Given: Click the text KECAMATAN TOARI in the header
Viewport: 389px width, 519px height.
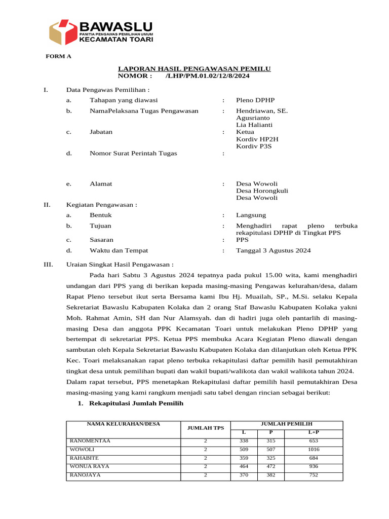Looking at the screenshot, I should pyautogui.click(x=116, y=39).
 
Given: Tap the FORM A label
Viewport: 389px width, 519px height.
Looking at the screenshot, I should pyautogui.click(x=59, y=56).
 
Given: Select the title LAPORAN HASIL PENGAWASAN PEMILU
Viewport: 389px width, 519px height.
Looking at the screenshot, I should pyautogui.click(x=194, y=68).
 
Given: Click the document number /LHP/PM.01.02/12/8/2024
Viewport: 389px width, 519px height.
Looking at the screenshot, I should pyautogui.click(x=208, y=76).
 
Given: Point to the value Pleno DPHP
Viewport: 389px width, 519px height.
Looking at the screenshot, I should pyautogui.click(x=255, y=100).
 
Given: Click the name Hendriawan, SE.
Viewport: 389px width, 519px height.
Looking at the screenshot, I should pyautogui.click(x=262, y=110).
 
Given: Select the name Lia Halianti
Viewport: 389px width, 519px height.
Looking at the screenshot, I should pyautogui.click(x=254, y=125).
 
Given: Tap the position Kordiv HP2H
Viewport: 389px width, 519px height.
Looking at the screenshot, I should pyautogui.click(x=257, y=139).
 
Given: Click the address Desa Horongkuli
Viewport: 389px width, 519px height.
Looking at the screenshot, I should pyautogui.click(x=262, y=191).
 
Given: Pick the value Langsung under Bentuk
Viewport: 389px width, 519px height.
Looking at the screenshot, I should pyautogui.click(x=251, y=215).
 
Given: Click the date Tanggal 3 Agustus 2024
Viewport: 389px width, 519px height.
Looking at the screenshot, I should pyautogui.click(x=274, y=250).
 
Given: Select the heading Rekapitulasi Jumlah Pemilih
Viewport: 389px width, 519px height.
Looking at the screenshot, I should pyautogui.click(x=136, y=403).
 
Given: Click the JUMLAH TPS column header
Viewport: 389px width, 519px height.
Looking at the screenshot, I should pyautogui.click(x=206, y=428).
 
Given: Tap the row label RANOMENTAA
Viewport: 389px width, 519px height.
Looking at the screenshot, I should pyautogui.click(x=90, y=441).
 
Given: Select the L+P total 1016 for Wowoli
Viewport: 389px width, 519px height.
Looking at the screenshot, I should pyautogui.click(x=314, y=450).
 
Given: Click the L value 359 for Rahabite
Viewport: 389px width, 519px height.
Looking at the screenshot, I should pyautogui.click(x=244, y=458).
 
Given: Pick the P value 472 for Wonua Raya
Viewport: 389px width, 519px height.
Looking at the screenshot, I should pyautogui.click(x=270, y=466).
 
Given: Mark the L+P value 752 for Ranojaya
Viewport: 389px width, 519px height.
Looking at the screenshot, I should pyautogui.click(x=314, y=475).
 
